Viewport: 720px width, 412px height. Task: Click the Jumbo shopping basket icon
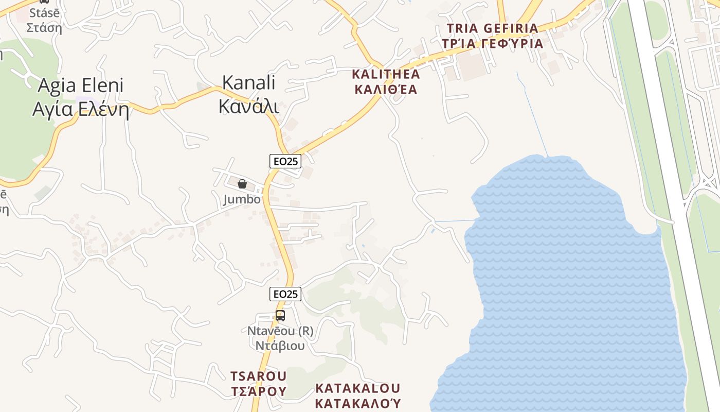[x=242, y=184]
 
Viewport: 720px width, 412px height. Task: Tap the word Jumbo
[x=242, y=199]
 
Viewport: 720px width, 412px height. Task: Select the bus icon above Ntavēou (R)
[x=280, y=316]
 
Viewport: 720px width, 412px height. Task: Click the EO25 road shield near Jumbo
[x=285, y=161]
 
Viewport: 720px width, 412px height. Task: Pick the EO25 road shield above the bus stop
[x=285, y=294]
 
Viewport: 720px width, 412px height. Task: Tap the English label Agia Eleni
[x=81, y=85]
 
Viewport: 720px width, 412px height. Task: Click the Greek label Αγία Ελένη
[x=81, y=109]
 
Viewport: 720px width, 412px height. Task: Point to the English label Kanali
[x=249, y=82]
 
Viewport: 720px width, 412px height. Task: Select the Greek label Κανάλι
[x=249, y=106]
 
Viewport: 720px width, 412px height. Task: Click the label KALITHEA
[x=386, y=74]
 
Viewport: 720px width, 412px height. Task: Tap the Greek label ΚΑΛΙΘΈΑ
[x=386, y=90]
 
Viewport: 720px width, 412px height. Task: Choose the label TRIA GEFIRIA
[x=492, y=28]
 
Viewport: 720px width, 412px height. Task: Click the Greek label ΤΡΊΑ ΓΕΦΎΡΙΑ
[x=492, y=43]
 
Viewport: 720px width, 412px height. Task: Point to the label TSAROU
[x=258, y=376]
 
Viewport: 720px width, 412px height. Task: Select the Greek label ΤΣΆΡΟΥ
[x=258, y=391]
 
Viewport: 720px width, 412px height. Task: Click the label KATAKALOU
[x=357, y=388]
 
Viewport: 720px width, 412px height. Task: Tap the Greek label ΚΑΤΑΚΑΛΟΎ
[x=357, y=403]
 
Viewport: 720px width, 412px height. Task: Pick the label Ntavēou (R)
[x=280, y=331]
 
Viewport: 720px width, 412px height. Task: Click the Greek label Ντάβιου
[x=280, y=345]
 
